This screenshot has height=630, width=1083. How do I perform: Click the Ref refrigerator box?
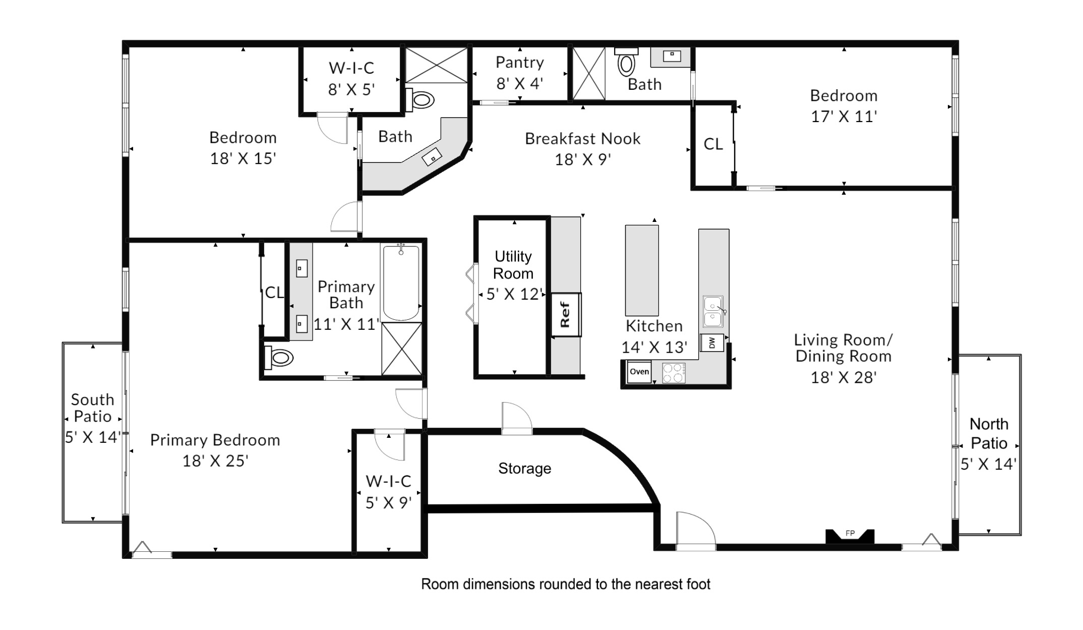[x=566, y=315]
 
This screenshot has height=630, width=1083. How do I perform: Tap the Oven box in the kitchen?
[x=639, y=372]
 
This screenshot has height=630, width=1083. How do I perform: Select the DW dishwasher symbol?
[x=712, y=343]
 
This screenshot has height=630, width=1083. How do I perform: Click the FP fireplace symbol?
[x=850, y=536]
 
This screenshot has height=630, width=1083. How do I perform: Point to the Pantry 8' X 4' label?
[x=519, y=73]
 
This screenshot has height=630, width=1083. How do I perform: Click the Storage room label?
[x=524, y=469]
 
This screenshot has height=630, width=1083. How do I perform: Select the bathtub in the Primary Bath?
[x=401, y=282]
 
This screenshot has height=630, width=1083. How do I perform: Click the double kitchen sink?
[x=713, y=312]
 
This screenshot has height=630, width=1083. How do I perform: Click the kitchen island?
[x=642, y=270]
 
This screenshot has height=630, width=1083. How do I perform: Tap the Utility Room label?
[x=513, y=265]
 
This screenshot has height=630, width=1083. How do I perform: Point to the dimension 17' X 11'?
[x=844, y=117]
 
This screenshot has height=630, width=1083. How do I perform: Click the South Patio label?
[x=92, y=408]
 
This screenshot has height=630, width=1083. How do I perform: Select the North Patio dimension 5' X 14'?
[x=988, y=464]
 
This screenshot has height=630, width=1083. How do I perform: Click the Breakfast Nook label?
[x=582, y=139]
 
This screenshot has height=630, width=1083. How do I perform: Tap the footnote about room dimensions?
[x=565, y=584]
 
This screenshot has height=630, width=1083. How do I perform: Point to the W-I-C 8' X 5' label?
[x=351, y=79]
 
